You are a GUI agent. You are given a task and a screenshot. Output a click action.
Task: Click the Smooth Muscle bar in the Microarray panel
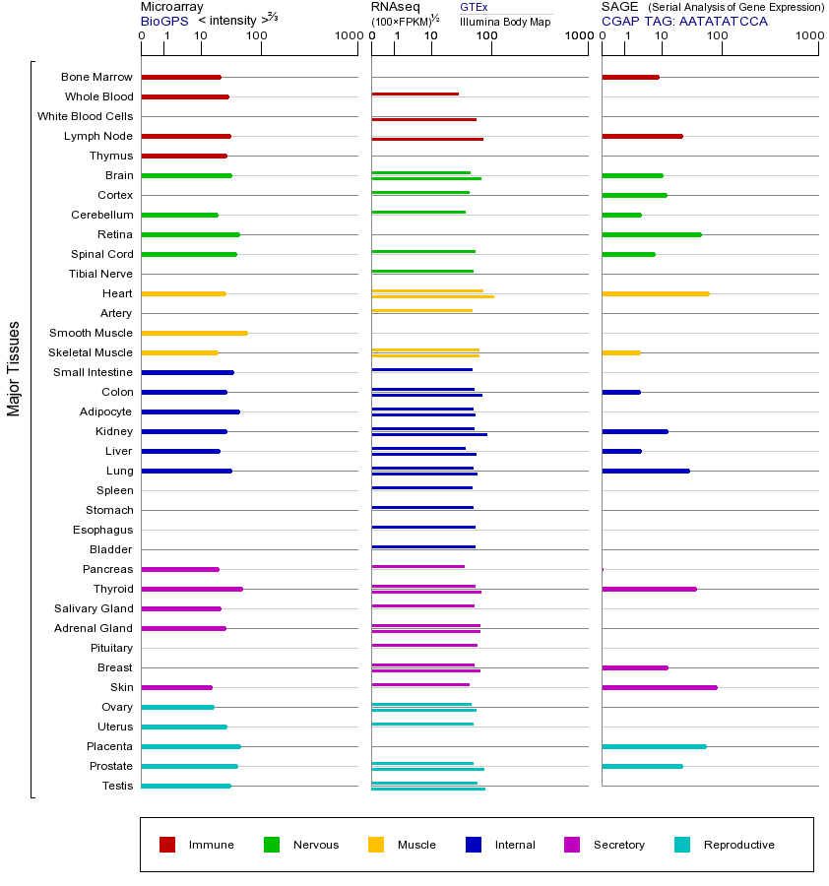tap(194, 333)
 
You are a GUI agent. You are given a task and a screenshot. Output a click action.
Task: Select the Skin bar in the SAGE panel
tap(659, 687)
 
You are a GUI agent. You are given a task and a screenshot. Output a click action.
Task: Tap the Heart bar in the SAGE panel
tap(655, 293)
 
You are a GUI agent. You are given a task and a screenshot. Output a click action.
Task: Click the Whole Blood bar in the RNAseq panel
tap(414, 94)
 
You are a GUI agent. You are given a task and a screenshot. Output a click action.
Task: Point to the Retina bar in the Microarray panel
tap(190, 234)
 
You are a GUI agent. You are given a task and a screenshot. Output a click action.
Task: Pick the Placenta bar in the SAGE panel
tap(654, 746)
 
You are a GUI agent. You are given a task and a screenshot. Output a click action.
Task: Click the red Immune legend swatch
tap(167, 845)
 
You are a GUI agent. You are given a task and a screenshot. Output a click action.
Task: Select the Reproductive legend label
tap(738, 845)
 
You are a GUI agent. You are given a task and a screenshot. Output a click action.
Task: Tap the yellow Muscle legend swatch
tap(376, 845)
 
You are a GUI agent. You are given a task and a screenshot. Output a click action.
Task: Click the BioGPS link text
tap(163, 21)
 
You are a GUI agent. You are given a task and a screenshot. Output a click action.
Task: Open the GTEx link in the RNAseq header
tap(474, 7)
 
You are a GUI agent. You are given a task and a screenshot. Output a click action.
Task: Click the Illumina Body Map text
tap(505, 21)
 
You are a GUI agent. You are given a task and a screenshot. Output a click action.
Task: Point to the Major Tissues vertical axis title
tap(14, 368)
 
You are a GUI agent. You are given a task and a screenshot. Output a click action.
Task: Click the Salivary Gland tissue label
tap(95, 608)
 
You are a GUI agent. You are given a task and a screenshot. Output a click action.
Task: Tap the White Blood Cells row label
tap(85, 116)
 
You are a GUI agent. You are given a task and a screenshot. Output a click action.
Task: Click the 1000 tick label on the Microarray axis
tap(347, 36)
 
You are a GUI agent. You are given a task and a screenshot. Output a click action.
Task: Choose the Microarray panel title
tap(171, 7)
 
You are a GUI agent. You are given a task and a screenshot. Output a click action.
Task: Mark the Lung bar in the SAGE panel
tap(645, 471)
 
